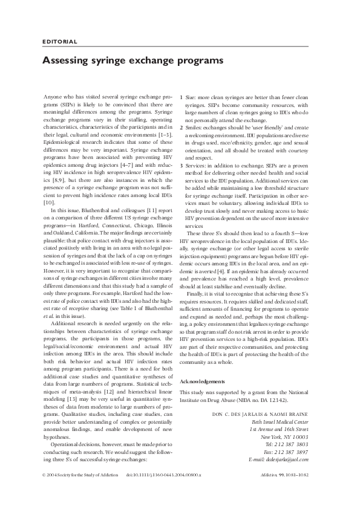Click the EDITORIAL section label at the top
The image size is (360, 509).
(x=60, y=42)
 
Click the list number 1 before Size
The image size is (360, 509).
(x=182, y=97)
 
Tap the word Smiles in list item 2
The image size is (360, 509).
(x=194, y=129)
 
